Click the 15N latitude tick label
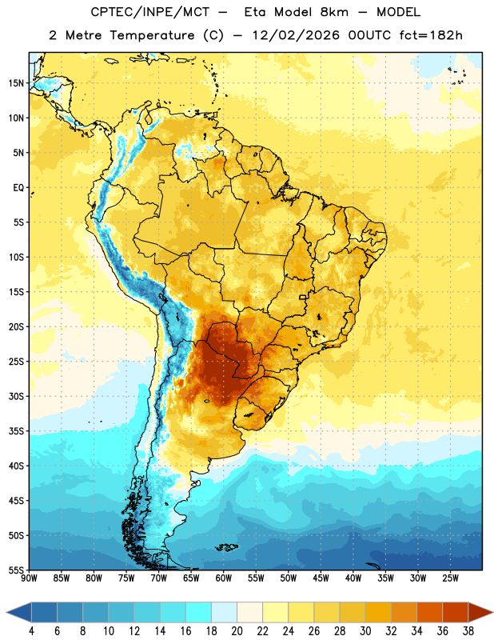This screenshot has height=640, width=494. pyautogui.click(x=16, y=83)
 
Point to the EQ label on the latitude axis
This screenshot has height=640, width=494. pyautogui.click(x=18, y=188)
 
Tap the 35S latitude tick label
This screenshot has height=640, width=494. pyautogui.click(x=16, y=431)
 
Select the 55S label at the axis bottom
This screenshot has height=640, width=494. pyautogui.click(x=16, y=570)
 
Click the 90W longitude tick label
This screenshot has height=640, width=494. pyautogui.click(x=29, y=578)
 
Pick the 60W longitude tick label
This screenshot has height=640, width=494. pyautogui.click(x=224, y=578)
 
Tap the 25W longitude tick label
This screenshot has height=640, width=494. pyautogui.click(x=450, y=578)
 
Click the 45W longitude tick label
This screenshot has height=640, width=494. pyautogui.click(x=321, y=578)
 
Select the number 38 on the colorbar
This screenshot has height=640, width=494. pyautogui.click(x=468, y=631)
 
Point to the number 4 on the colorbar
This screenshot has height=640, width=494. pyautogui.click(x=31, y=631)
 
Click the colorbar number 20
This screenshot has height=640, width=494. pyautogui.click(x=237, y=631)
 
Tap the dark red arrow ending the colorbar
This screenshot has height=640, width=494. pyautogui.click(x=480, y=612)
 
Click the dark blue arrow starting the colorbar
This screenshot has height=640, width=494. pyautogui.click(x=18, y=612)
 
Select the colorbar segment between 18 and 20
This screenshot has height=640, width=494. pyautogui.click(x=225, y=612)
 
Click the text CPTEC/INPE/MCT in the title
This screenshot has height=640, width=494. pyautogui.click(x=150, y=12)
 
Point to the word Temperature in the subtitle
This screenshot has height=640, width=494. pyautogui.click(x=152, y=35)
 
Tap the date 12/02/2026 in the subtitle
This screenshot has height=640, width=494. pyautogui.click(x=295, y=35)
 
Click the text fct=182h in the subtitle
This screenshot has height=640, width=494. pyautogui.click(x=431, y=35)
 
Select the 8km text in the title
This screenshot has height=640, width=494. pyautogui.click(x=334, y=12)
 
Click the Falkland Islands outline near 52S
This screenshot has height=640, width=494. pyautogui.click(x=227, y=547)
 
